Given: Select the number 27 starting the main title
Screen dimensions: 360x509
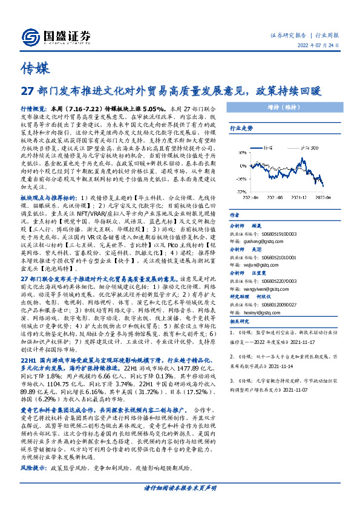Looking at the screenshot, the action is (x=27, y=91).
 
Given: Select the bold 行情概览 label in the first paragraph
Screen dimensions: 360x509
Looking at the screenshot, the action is (x=33, y=106).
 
